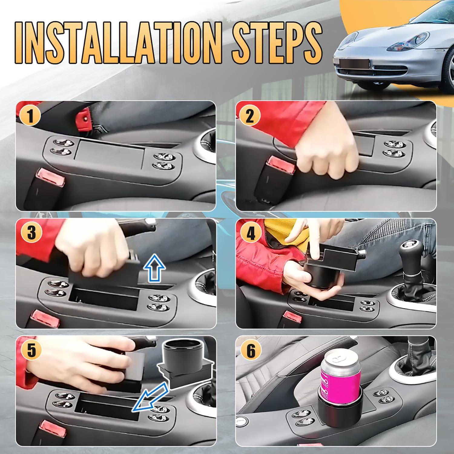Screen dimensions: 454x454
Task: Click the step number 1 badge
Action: (30, 117)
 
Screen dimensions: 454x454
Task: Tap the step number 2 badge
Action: (250, 117)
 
